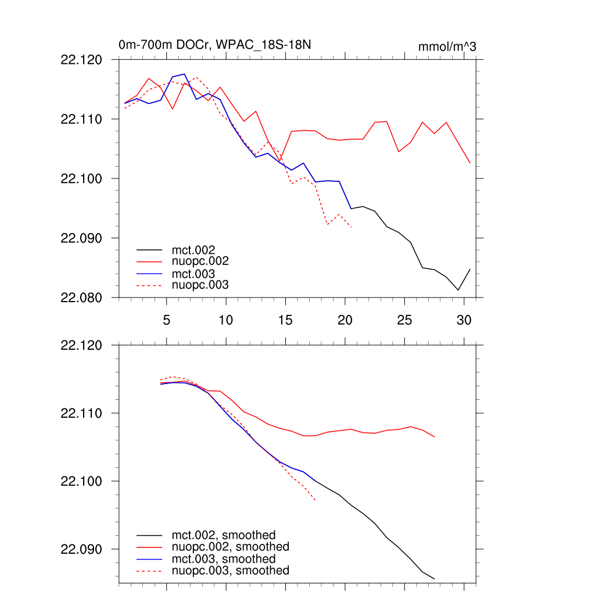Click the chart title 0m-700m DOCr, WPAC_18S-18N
coord(218,45)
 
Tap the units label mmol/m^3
coord(447,46)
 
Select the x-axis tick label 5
coord(166,320)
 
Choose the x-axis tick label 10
coord(226,320)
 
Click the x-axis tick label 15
coord(285,320)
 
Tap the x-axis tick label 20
coord(345,320)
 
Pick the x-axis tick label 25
coord(404,320)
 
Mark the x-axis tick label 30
coord(464,320)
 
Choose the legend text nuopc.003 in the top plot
coord(200,285)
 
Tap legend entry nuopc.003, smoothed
coord(231,571)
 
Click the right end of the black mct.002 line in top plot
coord(469,269)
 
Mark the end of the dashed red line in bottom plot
coord(316,500)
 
